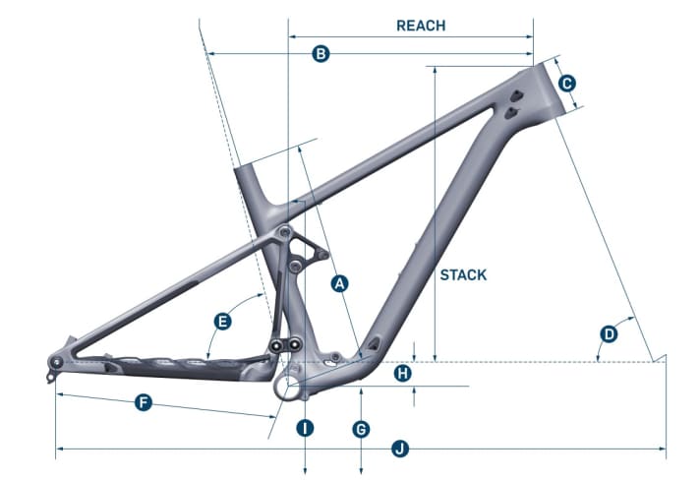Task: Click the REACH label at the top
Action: pyautogui.click(x=420, y=26)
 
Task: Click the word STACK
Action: pyautogui.click(x=463, y=274)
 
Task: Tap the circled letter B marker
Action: pyautogui.click(x=320, y=54)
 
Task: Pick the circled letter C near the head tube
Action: pyautogui.click(x=567, y=84)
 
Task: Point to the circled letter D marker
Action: pyautogui.click(x=609, y=334)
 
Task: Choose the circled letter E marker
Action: pyautogui.click(x=223, y=322)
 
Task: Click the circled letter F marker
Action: pyautogui.click(x=144, y=403)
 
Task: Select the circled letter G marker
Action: pyautogui.click(x=361, y=430)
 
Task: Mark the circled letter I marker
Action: pyautogui.click(x=306, y=428)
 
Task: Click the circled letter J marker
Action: pyautogui.click(x=400, y=450)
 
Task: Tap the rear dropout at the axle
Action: pyautogui.click(x=56, y=363)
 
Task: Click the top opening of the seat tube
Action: pyautogui.click(x=248, y=166)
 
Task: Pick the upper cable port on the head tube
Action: pyautogui.click(x=515, y=95)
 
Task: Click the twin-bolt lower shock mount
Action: pyautogui.click(x=285, y=344)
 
